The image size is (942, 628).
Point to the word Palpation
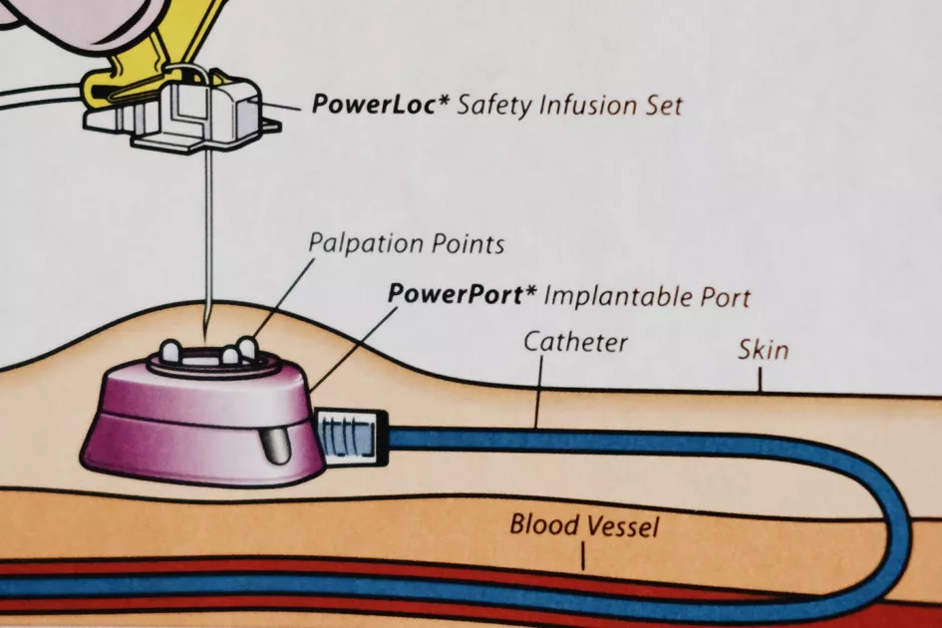[363, 243]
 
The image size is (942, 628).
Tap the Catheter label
[575, 343]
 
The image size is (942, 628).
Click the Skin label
[763, 350]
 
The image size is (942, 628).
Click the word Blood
[543, 523]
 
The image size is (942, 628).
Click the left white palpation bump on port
[171, 352]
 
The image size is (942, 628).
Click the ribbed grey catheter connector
[349, 435]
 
